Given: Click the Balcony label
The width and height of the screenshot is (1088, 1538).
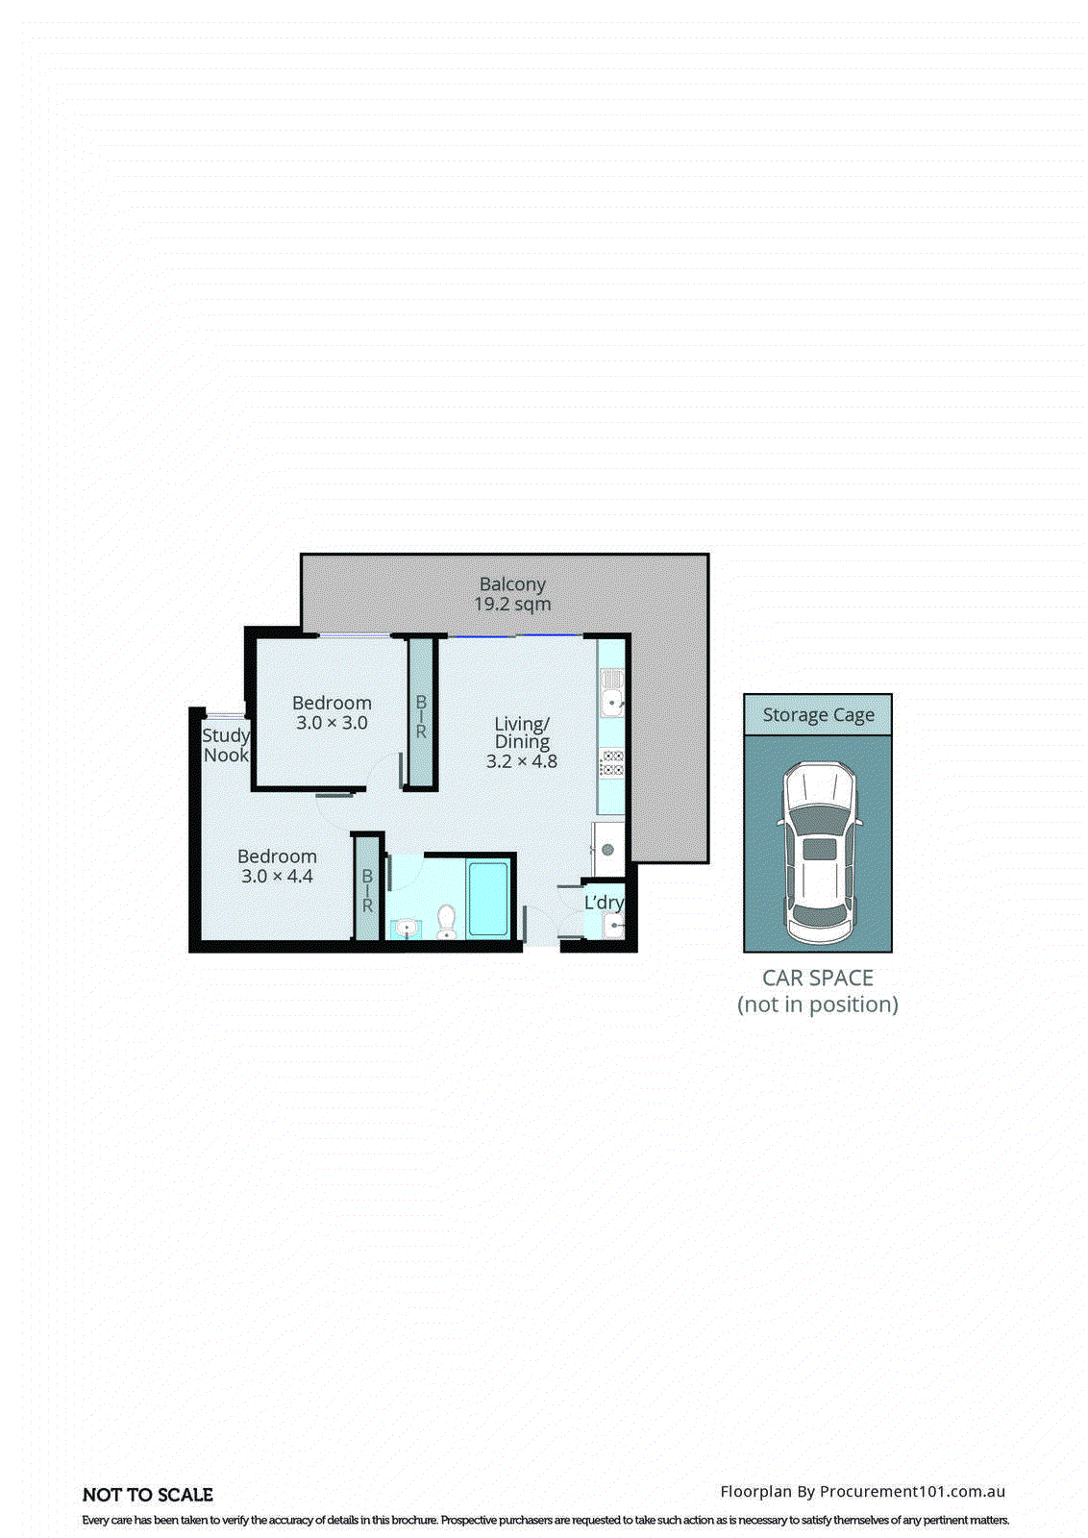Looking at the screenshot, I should tap(512, 584).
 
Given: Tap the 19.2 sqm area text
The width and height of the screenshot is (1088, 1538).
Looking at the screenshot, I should tap(512, 605).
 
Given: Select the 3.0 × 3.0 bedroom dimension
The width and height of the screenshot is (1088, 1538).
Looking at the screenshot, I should tap(332, 724).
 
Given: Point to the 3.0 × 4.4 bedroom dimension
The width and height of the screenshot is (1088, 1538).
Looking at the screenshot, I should tap(277, 877).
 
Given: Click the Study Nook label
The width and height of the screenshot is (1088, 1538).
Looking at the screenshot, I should tap(226, 745).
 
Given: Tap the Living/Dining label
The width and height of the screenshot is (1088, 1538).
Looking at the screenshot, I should tap(522, 732).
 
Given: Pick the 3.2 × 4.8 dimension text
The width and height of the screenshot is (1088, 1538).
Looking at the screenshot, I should tap(522, 761).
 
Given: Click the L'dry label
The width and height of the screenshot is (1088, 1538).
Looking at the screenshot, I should tap(604, 903).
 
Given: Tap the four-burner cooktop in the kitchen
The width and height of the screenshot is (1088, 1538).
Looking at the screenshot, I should tap(612, 763).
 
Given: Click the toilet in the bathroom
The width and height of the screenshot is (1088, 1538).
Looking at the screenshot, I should tap(446, 921).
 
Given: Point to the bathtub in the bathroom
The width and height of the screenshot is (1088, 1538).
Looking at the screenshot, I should tap(487, 900).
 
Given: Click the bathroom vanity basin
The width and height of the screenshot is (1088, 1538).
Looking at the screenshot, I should tap(407, 929).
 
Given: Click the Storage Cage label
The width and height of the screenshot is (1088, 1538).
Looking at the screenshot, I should tap(818, 715).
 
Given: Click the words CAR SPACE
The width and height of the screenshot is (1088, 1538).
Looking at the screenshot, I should tap(818, 979).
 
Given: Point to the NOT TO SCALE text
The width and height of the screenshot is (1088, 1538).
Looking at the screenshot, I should tap(148, 1495).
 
